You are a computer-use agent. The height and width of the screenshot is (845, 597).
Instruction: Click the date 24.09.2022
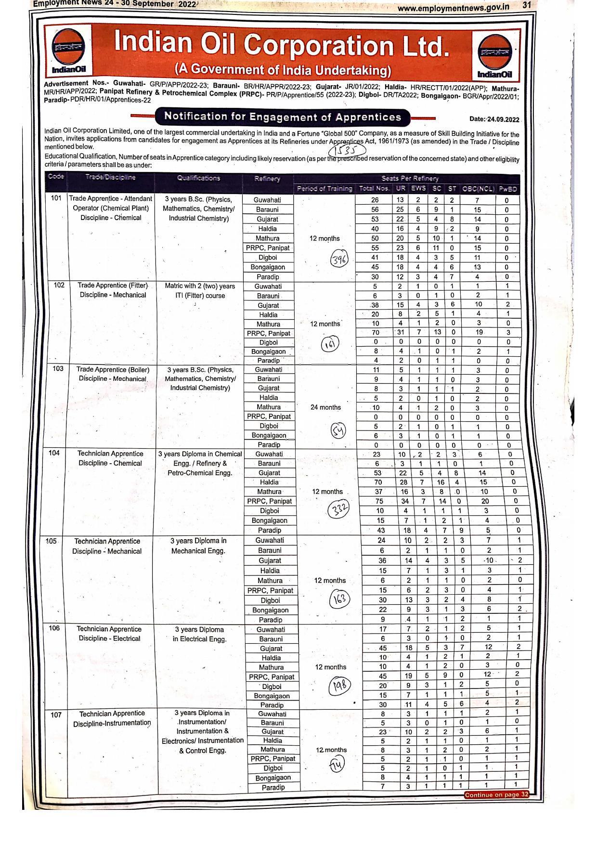(x=494, y=119)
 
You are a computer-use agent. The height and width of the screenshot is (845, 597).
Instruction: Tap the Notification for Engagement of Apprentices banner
(x=283, y=117)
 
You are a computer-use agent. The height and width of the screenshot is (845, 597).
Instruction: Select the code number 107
(x=56, y=715)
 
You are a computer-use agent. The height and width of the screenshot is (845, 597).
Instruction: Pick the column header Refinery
(x=267, y=179)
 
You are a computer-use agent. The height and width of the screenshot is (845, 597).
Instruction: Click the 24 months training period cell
(x=325, y=407)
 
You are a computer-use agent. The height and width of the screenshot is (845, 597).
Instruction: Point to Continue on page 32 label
(x=496, y=794)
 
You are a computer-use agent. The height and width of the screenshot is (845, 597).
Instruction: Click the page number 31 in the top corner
(x=526, y=5)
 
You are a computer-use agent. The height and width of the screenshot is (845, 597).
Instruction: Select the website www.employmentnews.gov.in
(x=453, y=7)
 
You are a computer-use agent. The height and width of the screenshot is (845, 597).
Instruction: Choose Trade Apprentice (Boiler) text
(x=113, y=370)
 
